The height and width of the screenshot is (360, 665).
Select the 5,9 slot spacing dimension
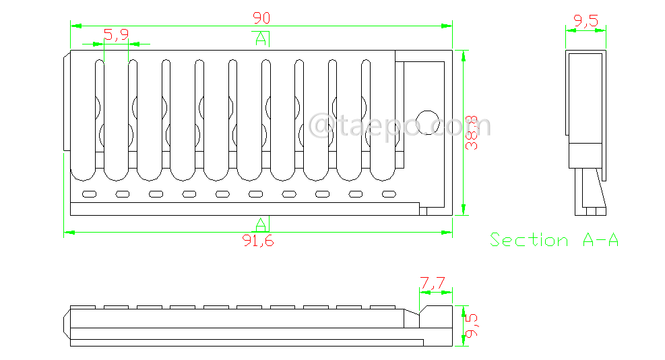coord(115,35)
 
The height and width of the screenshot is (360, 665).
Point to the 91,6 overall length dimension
coord(259,241)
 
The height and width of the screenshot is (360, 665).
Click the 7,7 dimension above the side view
coord(436,283)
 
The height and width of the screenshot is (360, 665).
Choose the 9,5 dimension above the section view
coord(585,21)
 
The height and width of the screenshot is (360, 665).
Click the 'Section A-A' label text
coord(554,240)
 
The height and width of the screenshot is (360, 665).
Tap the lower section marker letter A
coord(261,224)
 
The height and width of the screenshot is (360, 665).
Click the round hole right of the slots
coord(427,122)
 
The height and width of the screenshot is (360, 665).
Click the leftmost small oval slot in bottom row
coord(89,195)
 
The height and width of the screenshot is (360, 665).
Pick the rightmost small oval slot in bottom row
coord(389,195)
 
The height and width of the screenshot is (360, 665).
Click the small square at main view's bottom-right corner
coord(424,210)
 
